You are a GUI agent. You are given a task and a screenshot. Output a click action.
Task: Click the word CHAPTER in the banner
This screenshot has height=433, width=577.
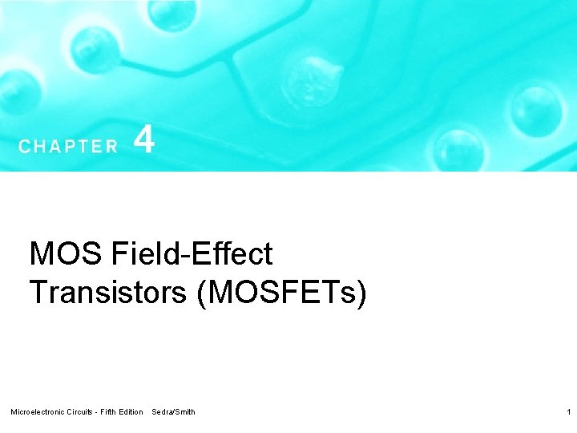pos(68,147)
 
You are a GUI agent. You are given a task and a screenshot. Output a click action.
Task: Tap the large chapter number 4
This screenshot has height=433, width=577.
pos(144,140)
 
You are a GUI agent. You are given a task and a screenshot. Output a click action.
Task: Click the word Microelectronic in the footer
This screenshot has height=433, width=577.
pos(38,412)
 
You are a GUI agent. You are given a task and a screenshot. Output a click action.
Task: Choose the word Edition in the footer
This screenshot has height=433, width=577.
pos(132,412)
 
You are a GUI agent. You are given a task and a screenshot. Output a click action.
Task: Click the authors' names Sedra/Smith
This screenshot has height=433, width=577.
pos(173,412)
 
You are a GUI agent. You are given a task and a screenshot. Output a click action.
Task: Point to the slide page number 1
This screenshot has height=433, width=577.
pos(567,412)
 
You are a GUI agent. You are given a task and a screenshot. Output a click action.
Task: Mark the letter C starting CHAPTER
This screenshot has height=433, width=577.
pos(24,147)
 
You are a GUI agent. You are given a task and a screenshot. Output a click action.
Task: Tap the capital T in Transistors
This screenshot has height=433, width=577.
pos(37,292)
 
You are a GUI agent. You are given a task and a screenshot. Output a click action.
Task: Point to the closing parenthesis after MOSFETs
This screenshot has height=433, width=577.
pos(362,293)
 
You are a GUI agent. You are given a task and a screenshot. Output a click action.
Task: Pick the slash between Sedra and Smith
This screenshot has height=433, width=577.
pos(174,412)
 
